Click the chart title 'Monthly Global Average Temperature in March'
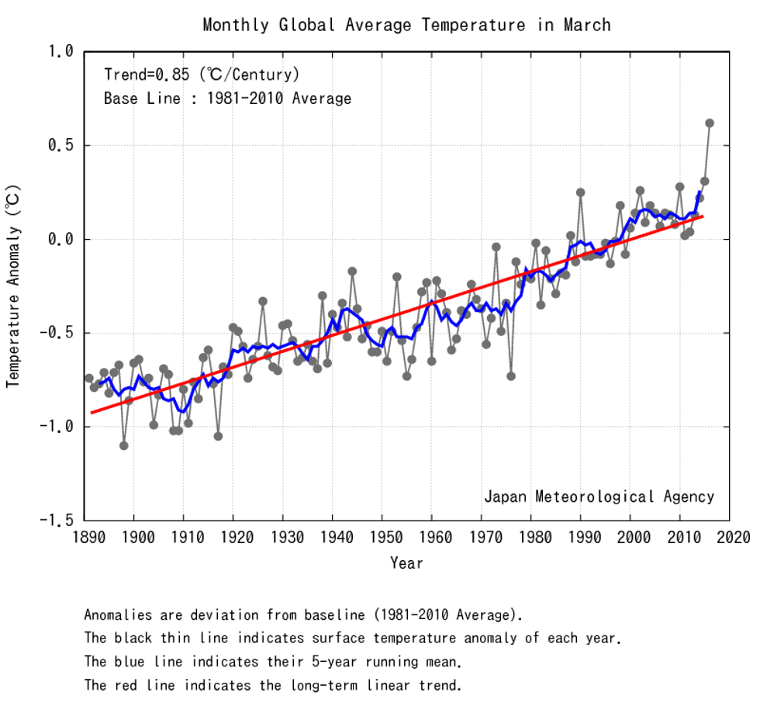point(406,25)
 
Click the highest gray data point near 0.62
point(709,123)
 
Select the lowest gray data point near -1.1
point(124,445)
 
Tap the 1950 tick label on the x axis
point(382,537)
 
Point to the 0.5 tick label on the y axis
point(62,145)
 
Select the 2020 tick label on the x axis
point(730,537)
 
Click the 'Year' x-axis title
point(406,562)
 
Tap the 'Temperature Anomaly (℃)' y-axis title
point(14,286)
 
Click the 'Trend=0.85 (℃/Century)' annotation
point(201,75)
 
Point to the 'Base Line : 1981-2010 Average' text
point(227,99)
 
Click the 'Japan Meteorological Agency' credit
point(599,497)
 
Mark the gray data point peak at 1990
point(580,192)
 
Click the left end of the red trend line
point(92,412)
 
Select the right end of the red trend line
point(703,216)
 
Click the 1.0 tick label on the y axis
point(62,51)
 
